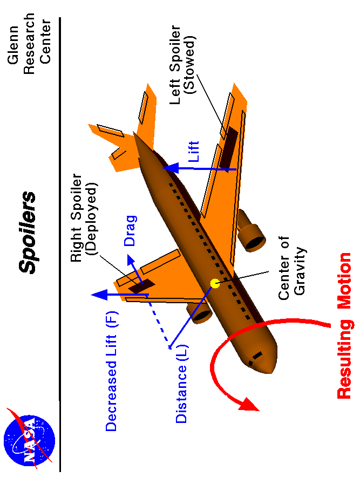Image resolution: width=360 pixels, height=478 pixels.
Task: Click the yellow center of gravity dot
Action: tap(215, 283)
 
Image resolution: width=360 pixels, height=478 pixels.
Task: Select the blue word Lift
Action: tap(193, 153)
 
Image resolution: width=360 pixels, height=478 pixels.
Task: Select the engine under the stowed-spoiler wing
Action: tap(252, 232)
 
